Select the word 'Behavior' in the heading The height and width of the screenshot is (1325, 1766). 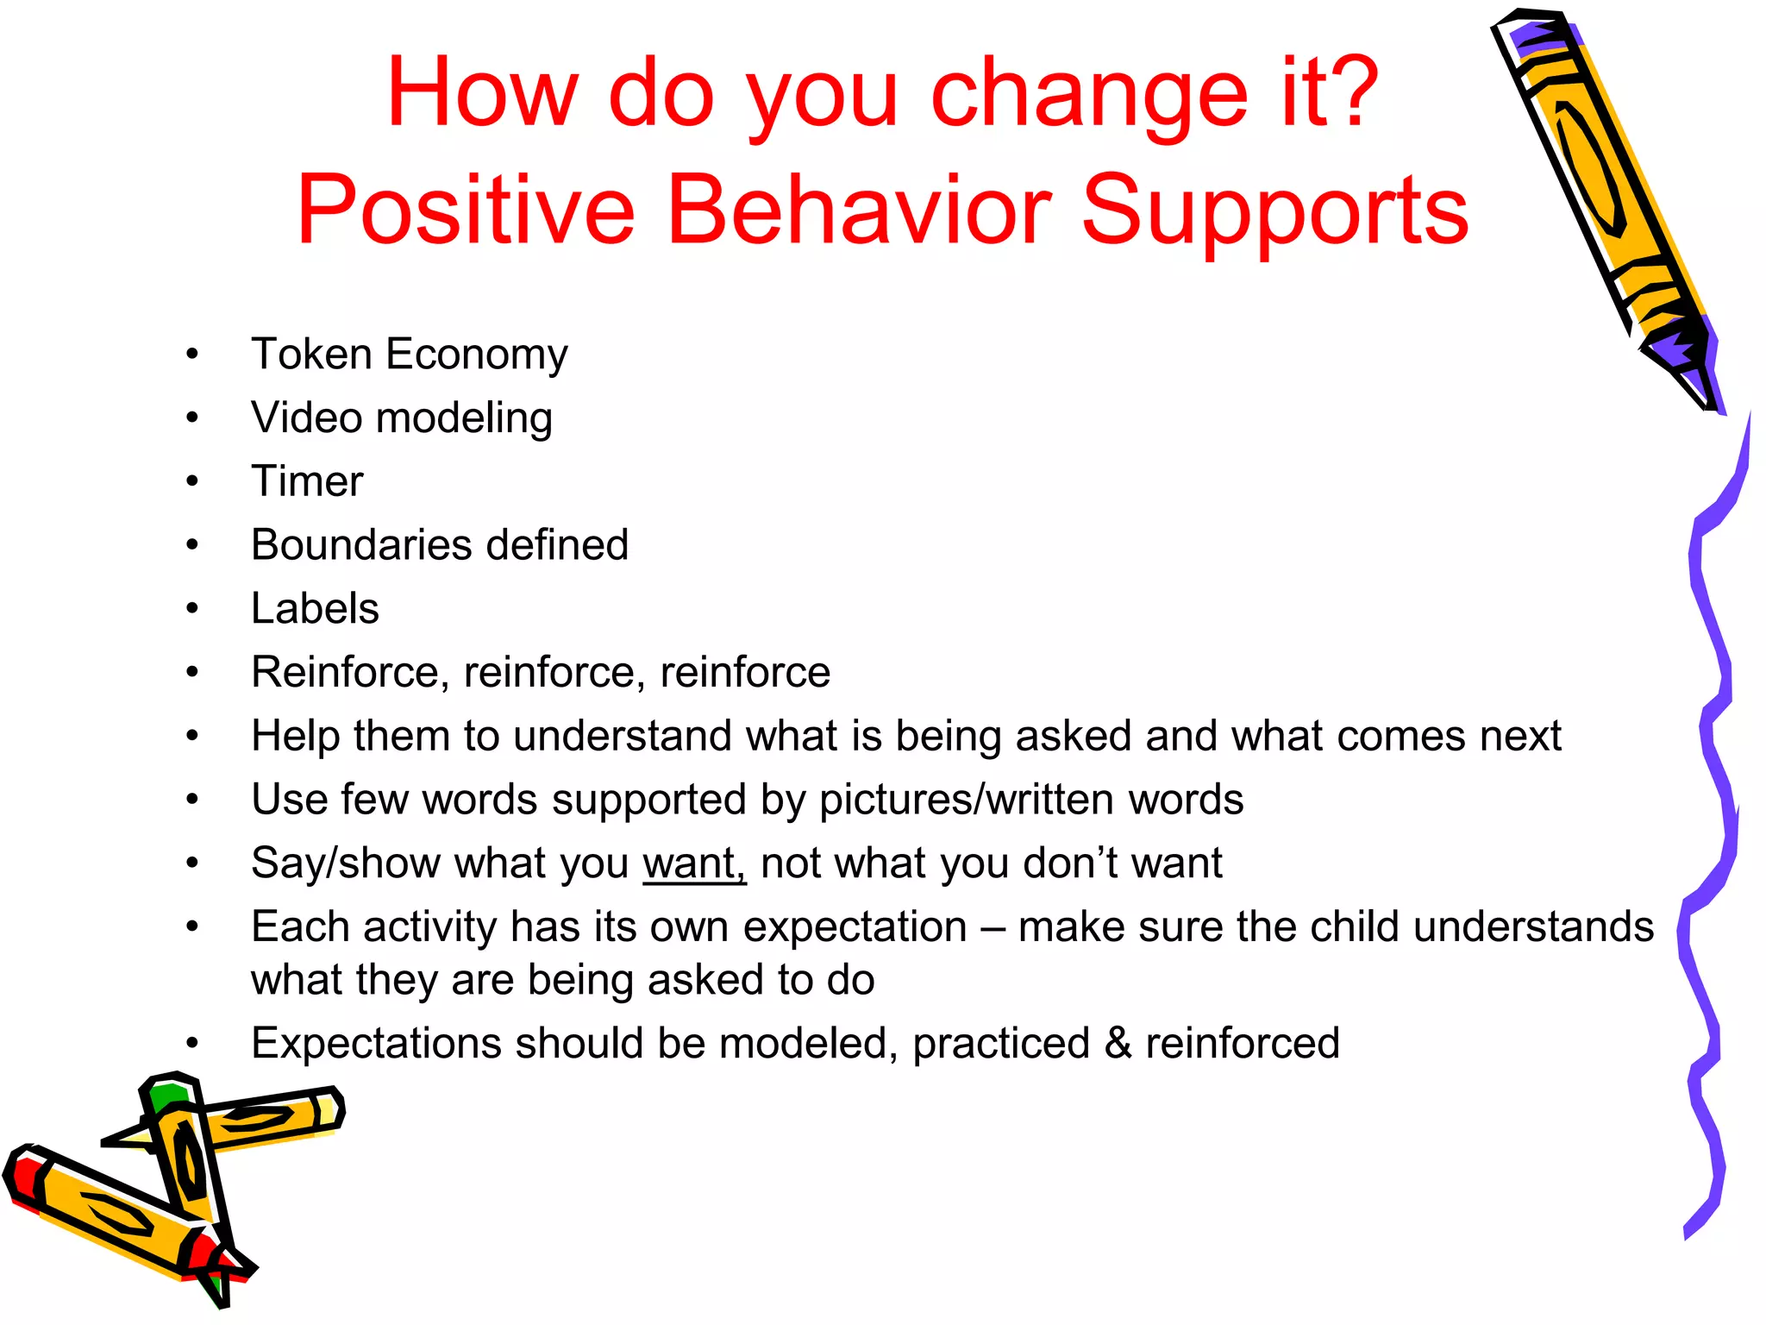(x=858, y=210)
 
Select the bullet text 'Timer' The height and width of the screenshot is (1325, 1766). (x=306, y=481)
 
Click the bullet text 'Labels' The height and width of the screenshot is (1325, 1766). (x=314, y=609)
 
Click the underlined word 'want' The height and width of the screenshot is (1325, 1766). (x=692, y=863)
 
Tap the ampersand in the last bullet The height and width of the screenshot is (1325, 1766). (x=1118, y=1043)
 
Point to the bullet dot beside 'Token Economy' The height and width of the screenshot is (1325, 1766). (x=192, y=354)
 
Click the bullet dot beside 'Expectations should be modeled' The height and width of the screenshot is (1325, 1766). (x=192, y=1043)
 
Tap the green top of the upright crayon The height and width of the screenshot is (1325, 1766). (x=166, y=1093)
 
